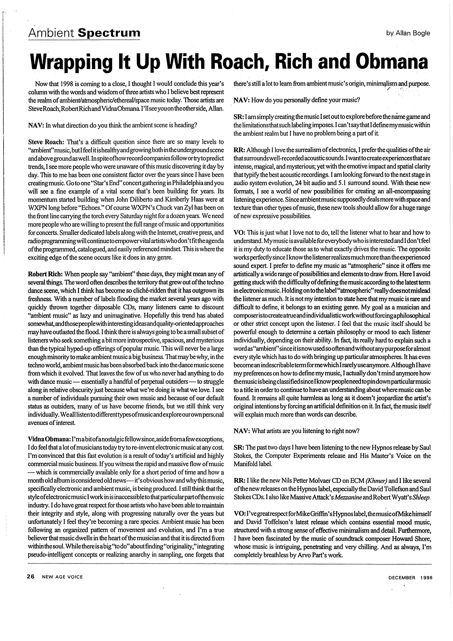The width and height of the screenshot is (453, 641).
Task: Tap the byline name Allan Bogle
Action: [x=416, y=33]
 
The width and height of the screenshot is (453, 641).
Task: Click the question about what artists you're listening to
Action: [x=296, y=431]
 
